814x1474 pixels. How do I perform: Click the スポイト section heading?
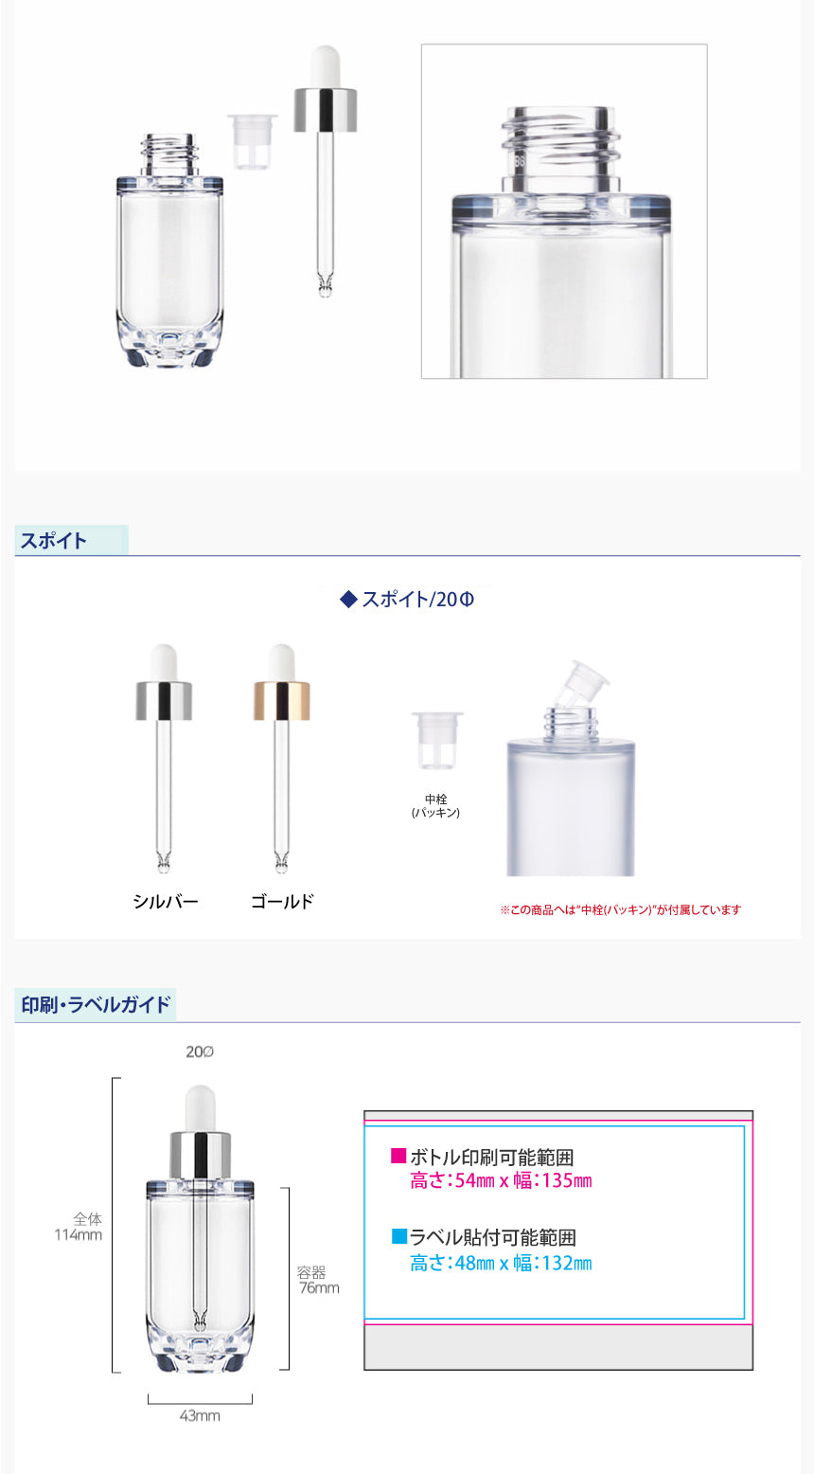[53, 541]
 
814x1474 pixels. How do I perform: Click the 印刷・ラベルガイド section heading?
[96, 1005]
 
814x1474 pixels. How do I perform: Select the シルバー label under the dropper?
[165, 902]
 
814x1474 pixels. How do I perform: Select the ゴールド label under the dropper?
[282, 902]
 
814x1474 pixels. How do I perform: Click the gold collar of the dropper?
[281, 701]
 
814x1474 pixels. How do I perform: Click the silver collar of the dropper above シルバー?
[164, 701]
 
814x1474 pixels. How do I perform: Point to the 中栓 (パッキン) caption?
[435, 805]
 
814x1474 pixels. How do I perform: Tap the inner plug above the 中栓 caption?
[436, 740]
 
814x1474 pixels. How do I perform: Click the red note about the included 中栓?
[620, 909]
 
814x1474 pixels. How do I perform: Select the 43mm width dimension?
[200, 1415]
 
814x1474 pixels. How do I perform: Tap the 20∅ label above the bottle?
[199, 1052]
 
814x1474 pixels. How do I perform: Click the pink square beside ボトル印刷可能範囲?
[398, 1156]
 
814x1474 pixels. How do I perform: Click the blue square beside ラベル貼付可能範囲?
[398, 1236]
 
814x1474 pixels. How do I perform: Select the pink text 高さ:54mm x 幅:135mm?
[501, 1180]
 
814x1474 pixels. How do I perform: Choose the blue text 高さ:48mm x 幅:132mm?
[501, 1263]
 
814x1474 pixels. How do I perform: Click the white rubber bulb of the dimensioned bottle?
[200, 1108]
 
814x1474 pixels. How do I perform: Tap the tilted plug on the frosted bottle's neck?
[580, 682]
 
